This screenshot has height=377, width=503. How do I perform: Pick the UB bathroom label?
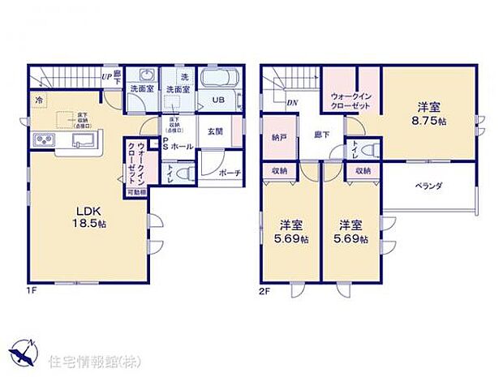[x=218, y=100]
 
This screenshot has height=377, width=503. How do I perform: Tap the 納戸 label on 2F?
[x=276, y=138]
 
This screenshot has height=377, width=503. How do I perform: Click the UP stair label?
[x=106, y=77]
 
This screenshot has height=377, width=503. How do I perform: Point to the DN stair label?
[x=292, y=103]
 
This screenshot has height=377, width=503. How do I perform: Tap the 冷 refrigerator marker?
[x=38, y=100]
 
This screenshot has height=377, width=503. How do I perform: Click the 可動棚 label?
[x=136, y=193]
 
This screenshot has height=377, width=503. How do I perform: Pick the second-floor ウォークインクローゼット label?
[x=351, y=101]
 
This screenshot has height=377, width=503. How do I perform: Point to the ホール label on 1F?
[x=182, y=147]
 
